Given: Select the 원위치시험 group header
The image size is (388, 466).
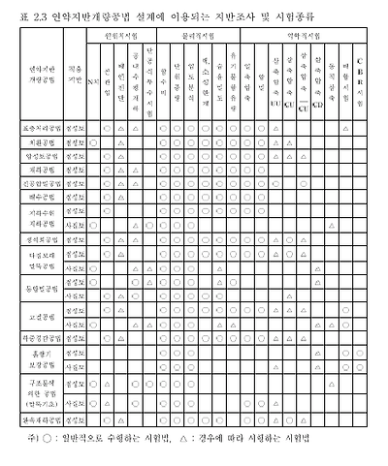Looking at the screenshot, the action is click(118, 33).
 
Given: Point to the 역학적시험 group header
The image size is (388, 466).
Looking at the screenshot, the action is click(306, 33).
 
